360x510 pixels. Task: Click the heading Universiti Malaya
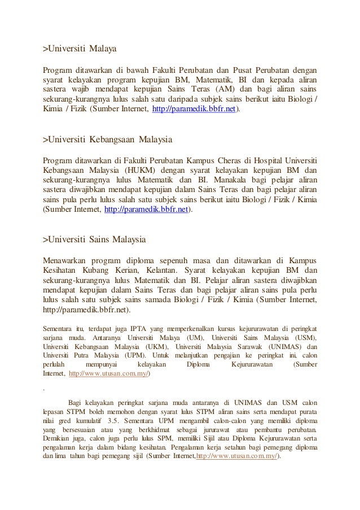[80, 50]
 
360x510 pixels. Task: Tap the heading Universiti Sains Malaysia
[95, 239]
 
